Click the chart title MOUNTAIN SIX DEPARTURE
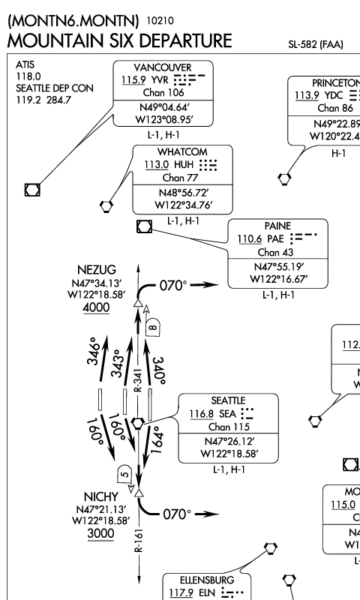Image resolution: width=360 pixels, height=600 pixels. [119, 38]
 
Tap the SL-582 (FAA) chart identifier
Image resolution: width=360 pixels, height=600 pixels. [315, 45]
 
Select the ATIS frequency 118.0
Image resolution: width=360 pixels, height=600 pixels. [25, 76]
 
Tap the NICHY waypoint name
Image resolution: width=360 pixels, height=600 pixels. [94, 496]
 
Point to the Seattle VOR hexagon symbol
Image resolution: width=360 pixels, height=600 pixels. [138, 423]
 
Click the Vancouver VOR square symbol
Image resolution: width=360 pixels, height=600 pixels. [31, 189]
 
